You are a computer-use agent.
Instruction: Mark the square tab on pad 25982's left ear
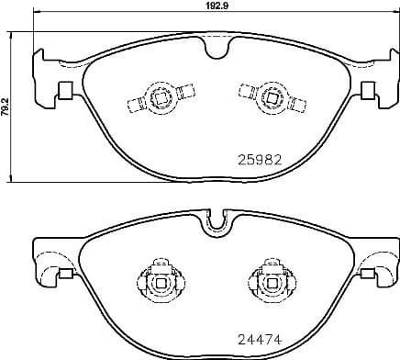65,90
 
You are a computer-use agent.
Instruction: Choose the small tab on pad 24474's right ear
370,273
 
